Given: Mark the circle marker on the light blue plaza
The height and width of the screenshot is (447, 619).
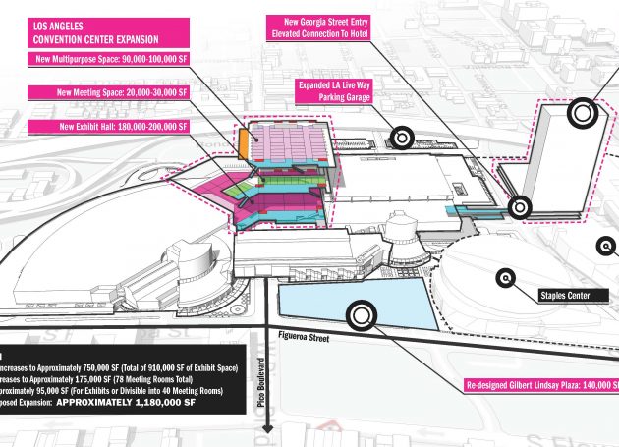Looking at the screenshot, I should click(361, 314).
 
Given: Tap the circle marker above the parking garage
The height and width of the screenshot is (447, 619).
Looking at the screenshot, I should click(401, 139).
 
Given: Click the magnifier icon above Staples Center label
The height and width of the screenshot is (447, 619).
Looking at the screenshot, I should click(506, 278).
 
